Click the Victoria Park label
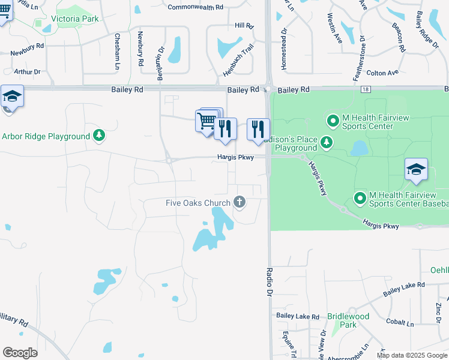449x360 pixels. (x=74, y=19)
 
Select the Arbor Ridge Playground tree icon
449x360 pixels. (x=100, y=136)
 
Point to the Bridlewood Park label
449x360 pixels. (x=348, y=320)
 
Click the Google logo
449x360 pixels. (x=20, y=353)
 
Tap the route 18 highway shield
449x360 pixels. (x=366, y=89)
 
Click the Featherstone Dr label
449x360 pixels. (x=363, y=58)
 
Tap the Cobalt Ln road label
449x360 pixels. (x=400, y=323)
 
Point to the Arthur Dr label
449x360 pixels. (x=27, y=72)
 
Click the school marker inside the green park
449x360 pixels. (x=416, y=170)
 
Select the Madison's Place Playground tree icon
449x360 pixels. (x=326, y=142)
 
